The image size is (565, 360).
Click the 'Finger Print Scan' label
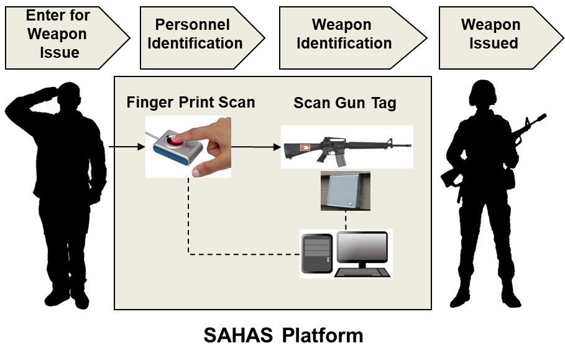pos(191,103)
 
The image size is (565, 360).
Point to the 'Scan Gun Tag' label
pos(344,103)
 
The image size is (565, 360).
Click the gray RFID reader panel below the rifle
pos(345,190)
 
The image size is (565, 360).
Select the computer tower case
pos(316,252)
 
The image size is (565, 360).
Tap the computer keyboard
pos(363,272)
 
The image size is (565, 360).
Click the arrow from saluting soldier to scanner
pos(129,147)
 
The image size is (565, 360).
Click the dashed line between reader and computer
pos(345,220)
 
